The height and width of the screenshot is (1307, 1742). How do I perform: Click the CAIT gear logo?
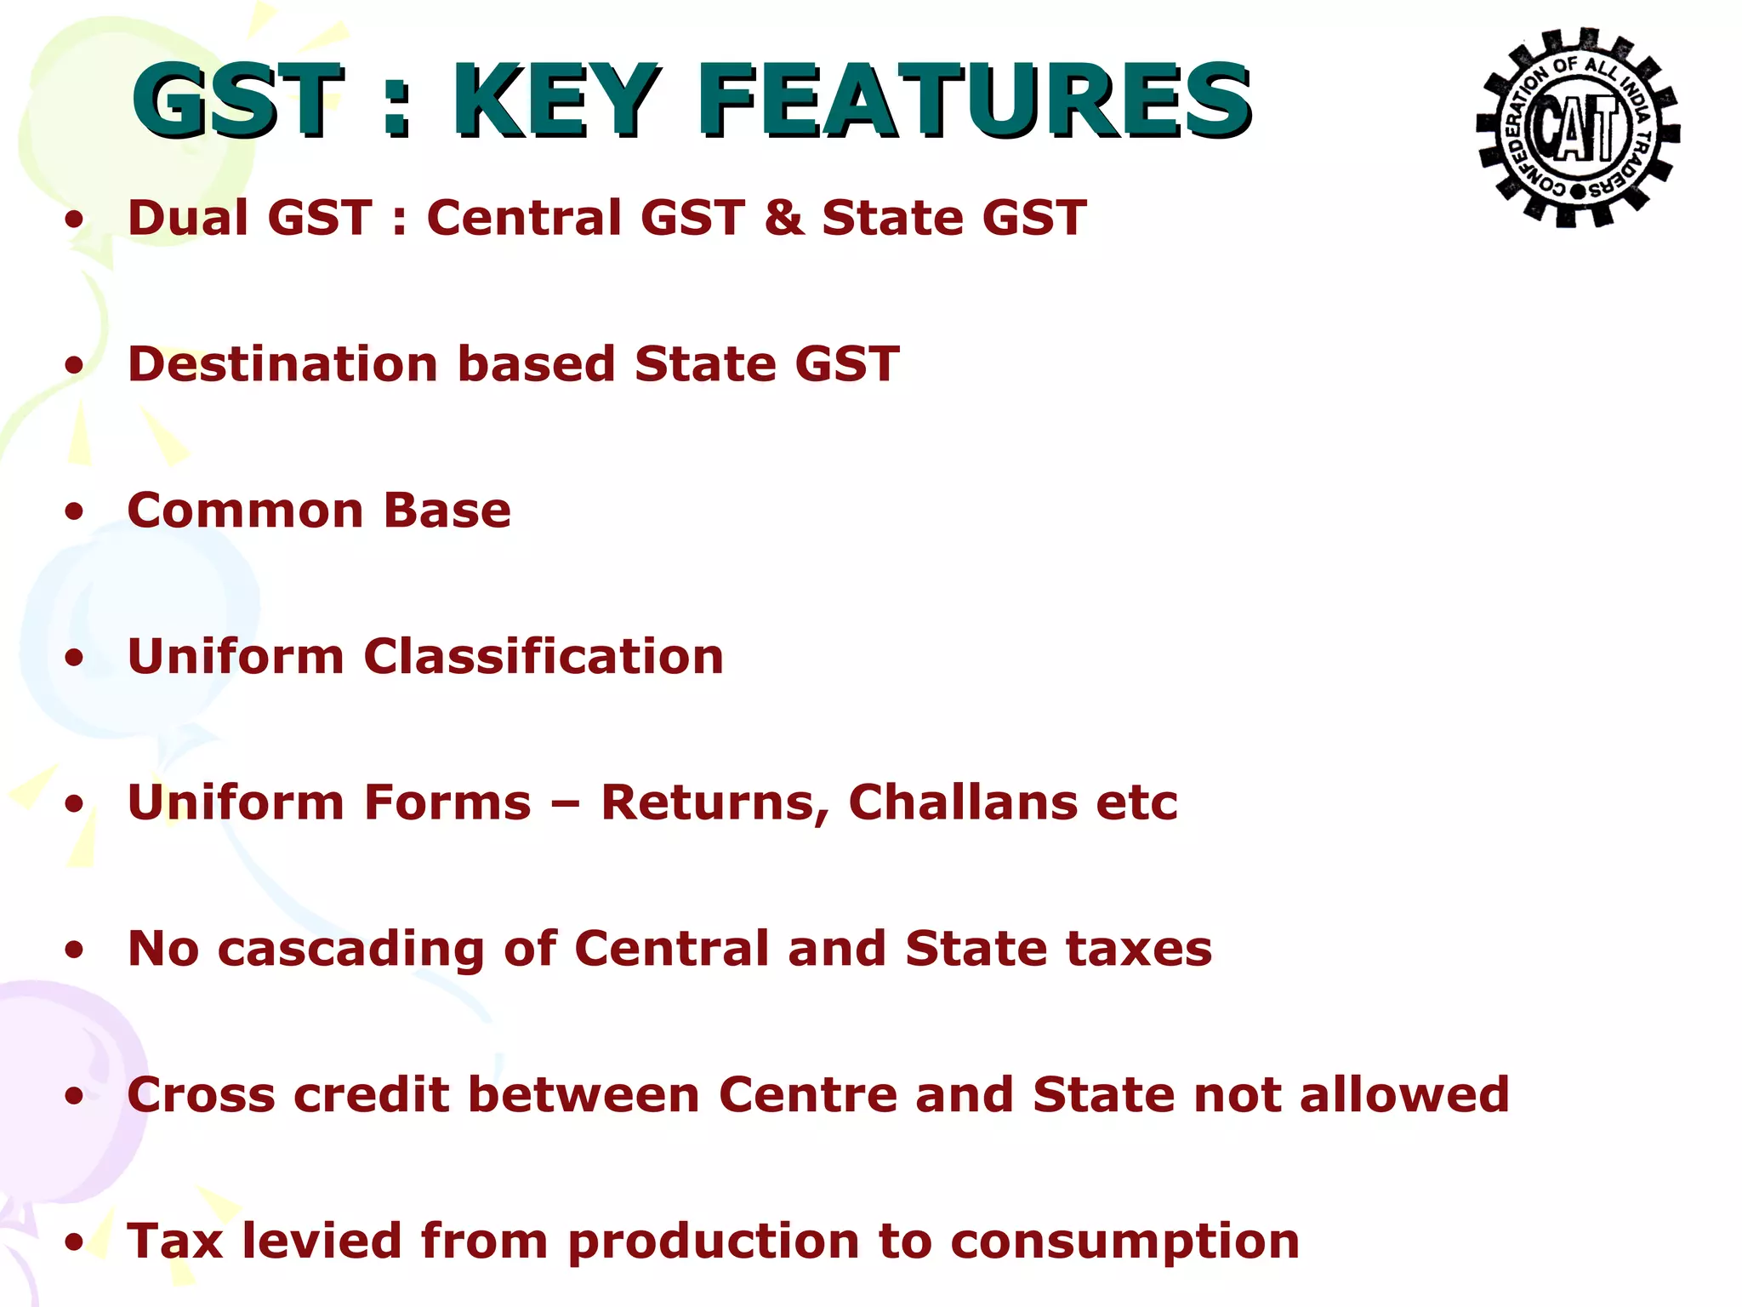point(1578,128)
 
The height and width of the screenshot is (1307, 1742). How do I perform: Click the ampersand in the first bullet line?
point(783,218)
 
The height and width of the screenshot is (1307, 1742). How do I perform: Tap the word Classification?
point(544,657)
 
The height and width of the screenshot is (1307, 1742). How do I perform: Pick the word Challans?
point(962,802)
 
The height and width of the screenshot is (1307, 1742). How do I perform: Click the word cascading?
point(350,950)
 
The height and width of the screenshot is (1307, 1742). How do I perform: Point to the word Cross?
point(201,1095)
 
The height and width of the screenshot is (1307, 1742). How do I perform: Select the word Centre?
point(808,1095)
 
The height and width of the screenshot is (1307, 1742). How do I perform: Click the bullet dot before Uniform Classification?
point(75,658)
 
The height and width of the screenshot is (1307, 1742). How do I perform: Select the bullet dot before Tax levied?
point(75,1242)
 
